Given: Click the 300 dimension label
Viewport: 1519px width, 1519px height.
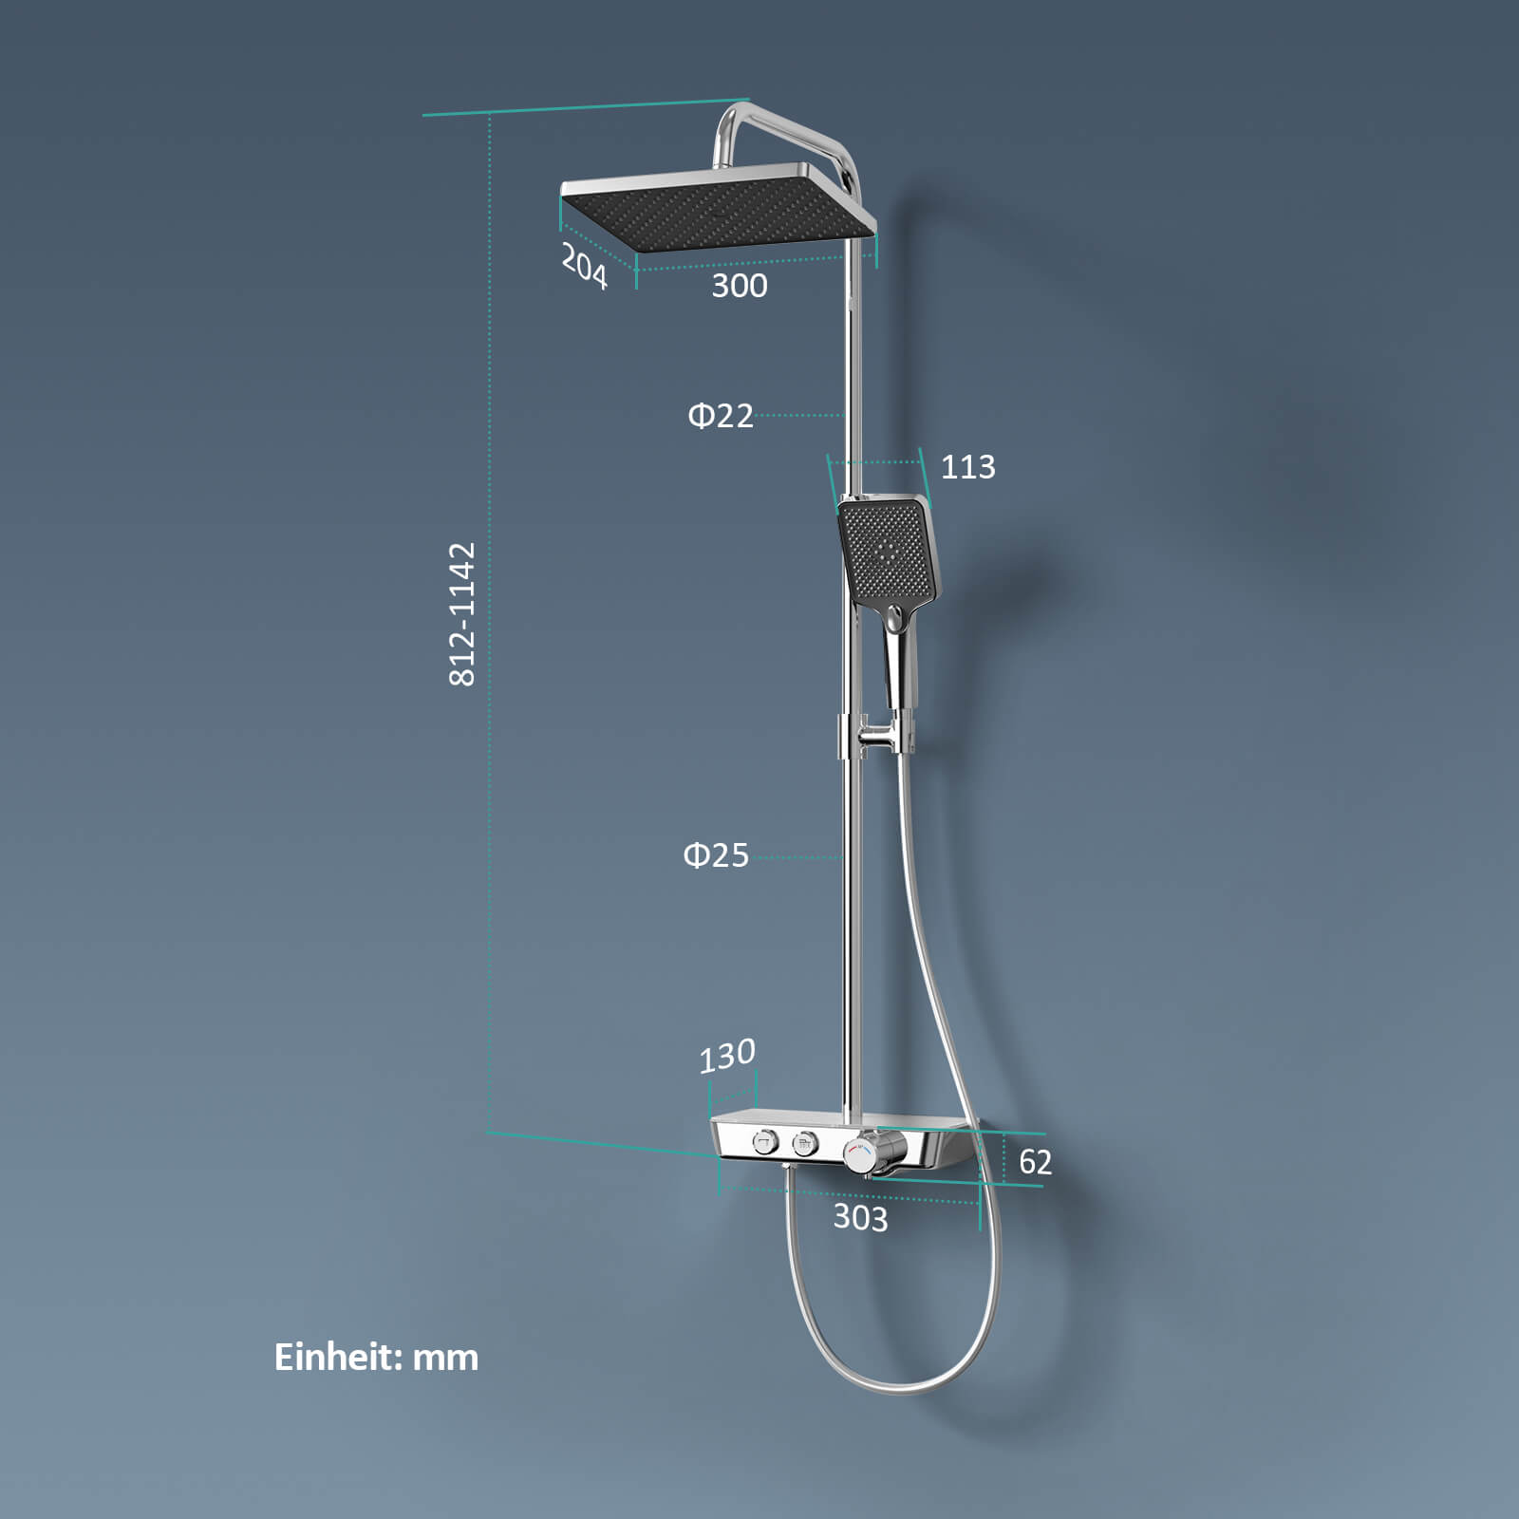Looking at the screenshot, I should pos(740,286).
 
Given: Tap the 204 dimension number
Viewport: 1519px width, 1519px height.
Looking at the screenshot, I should pos(584,265).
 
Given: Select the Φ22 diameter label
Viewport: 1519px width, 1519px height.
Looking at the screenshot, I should pos(721,416).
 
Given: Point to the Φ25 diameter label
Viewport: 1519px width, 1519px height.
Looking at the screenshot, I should pos(716,855).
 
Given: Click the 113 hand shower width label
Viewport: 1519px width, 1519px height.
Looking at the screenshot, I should pos(967,467).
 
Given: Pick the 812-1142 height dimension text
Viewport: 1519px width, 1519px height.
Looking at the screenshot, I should pos(461,613).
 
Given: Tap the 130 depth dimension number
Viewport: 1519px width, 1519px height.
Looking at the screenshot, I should pos(727,1056).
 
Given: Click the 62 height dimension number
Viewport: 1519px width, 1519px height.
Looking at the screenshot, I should pos(1035,1162).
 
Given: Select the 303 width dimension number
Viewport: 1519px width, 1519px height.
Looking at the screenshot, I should pos(860,1218).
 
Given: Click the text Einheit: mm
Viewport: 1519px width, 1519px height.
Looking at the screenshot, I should pos(376,1357).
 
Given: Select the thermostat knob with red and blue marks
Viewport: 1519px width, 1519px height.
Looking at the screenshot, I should pos(860,1155).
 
